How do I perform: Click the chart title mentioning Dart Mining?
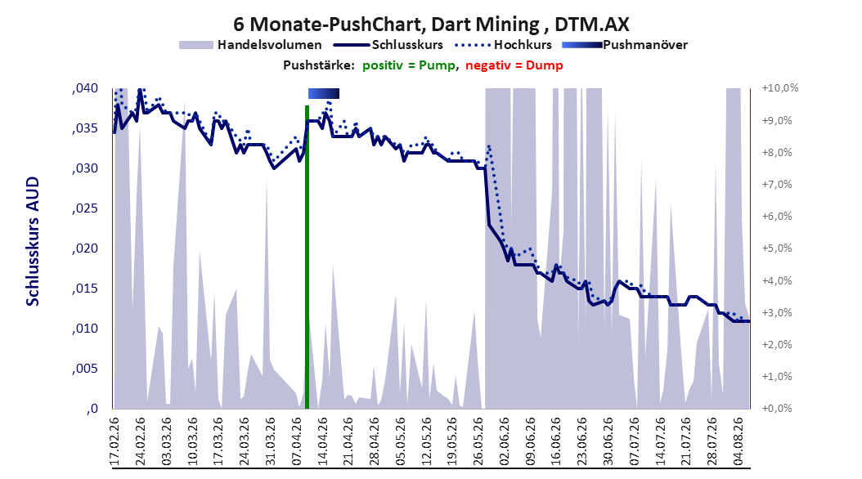431,25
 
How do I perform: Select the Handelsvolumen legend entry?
251,45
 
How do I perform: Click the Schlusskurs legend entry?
388,45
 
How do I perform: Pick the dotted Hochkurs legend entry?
503,45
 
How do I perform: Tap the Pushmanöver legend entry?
625,45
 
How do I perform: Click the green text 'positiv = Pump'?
408,65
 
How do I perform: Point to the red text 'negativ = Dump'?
514,65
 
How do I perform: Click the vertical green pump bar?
307,257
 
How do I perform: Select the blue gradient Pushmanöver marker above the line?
324,93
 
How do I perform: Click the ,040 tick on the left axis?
85,88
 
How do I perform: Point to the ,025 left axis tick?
85,208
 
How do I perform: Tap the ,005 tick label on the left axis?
85,369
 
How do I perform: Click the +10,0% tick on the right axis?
780,88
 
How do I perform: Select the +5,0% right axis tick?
777,248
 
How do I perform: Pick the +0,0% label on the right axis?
777,409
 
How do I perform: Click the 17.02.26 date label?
114,441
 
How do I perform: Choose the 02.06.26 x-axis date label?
504,441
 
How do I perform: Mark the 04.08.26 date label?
738,441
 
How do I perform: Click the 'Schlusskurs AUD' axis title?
33,242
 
